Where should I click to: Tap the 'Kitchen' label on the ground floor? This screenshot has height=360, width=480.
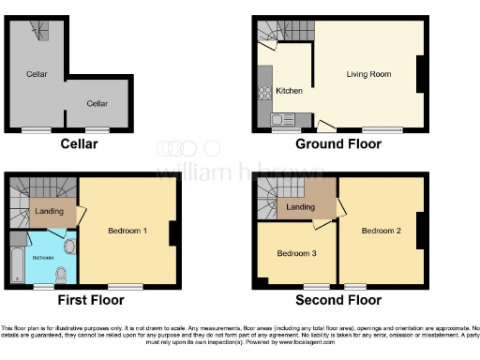[289, 92]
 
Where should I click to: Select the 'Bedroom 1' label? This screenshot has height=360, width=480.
[127, 231]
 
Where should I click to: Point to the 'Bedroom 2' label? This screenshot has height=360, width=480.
[382, 231]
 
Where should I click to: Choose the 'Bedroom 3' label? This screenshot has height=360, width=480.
[295, 253]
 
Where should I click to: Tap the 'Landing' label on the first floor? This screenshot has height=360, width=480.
[49, 212]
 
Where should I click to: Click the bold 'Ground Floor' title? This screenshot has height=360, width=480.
[338, 144]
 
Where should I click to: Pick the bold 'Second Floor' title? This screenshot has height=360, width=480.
[338, 301]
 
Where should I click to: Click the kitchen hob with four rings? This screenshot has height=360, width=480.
[263, 92]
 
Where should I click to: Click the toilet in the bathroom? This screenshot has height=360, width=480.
[61, 274]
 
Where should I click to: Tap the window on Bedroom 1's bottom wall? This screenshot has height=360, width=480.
[119, 285]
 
